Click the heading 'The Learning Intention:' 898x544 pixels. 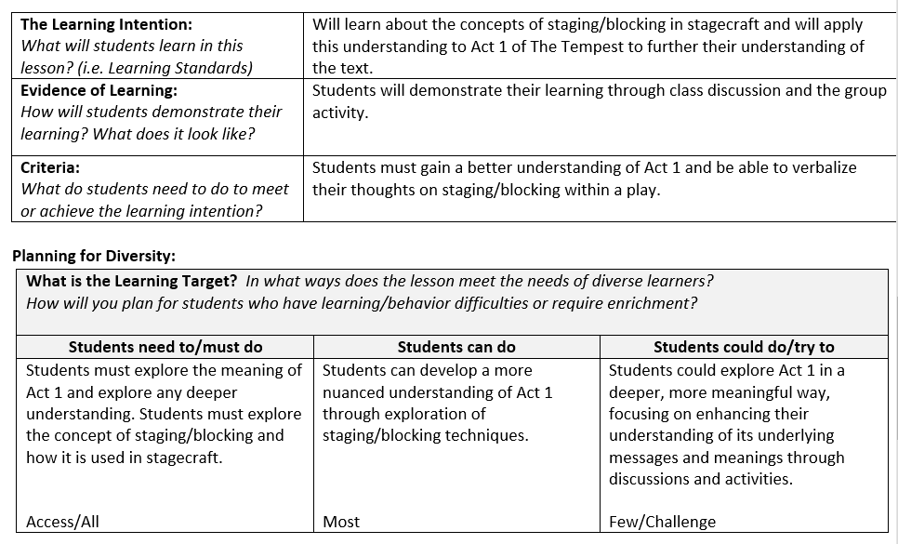[106, 24]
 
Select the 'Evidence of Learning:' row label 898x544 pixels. [99, 90]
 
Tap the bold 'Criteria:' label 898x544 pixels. [50, 167]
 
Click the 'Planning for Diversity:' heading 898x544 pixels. [93, 256]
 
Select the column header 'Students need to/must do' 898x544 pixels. [165, 347]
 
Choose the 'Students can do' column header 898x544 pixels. [456, 347]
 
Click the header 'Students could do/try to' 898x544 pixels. [744, 347]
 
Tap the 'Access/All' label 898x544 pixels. [62, 522]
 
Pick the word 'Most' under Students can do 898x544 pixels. [341, 522]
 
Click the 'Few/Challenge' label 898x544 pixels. [662, 522]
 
